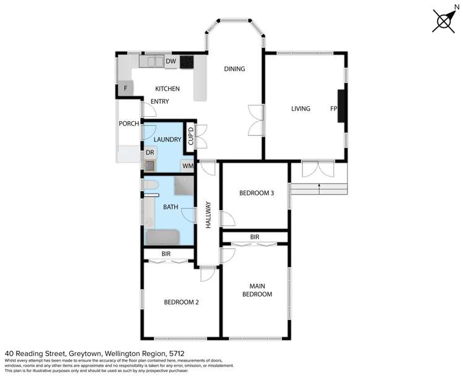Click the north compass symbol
click(x=444, y=20)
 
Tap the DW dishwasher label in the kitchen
click(x=171, y=61)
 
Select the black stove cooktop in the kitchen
click(x=187, y=62)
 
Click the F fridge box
click(x=125, y=89)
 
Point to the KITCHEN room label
click(x=167, y=89)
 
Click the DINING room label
click(x=234, y=69)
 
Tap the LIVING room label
click(x=300, y=109)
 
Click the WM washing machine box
click(x=187, y=166)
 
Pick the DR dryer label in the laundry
click(x=150, y=153)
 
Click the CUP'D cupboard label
click(x=191, y=137)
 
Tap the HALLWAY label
click(x=208, y=215)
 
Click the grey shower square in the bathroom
click(x=183, y=187)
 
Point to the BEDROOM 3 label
click(x=256, y=193)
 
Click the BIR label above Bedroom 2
click(x=166, y=253)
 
